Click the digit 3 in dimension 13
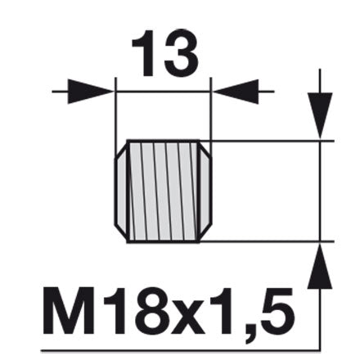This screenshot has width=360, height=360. [x=181, y=52]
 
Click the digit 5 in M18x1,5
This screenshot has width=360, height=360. [x=277, y=311]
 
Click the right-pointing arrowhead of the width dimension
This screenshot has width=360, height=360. [x=90, y=92]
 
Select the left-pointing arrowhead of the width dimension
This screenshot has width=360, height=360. [x=236, y=92]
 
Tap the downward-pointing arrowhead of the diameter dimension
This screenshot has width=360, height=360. [x=320, y=115]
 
